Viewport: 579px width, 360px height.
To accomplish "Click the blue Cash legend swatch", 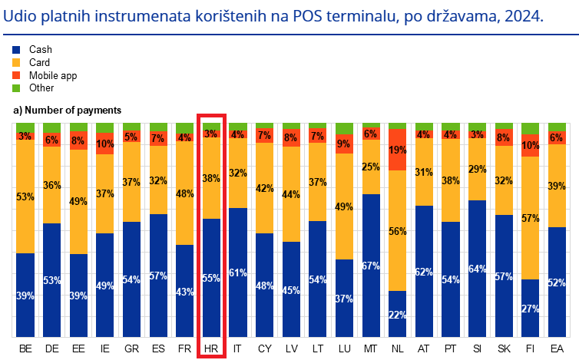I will tap(18, 49).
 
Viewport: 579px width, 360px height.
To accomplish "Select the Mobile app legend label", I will tap(55, 75).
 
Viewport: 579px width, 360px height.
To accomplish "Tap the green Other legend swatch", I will tap(18, 88).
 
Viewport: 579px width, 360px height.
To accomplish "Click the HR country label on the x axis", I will tap(210, 349).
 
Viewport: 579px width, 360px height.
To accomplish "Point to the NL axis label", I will tap(397, 349).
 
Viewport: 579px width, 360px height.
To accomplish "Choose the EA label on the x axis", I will tap(557, 349).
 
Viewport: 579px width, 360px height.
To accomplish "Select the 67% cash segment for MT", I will tap(371, 266).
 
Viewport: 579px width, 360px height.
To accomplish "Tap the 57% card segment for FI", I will tap(530, 218).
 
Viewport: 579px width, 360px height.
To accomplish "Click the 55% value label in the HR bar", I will tap(211, 278).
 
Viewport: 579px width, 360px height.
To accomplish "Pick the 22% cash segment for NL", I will tap(397, 313).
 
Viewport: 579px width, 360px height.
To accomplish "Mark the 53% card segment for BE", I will tap(25, 197).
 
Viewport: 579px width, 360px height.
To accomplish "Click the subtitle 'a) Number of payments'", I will tap(67, 111).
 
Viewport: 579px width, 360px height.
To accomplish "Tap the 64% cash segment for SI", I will tap(477, 269).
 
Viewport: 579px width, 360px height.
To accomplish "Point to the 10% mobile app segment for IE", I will tap(105, 144).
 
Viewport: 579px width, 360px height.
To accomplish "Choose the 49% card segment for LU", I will tap(344, 206).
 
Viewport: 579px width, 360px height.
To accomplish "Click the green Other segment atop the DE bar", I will tap(52, 127).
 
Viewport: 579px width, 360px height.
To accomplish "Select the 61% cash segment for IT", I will tap(238, 272).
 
